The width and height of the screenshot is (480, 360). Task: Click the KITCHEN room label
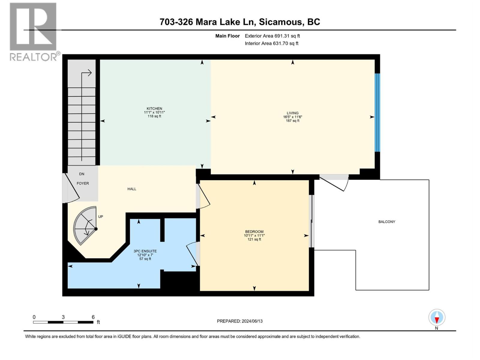point(154,109)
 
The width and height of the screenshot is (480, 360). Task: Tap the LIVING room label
point(292,113)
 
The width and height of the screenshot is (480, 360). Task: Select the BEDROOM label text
point(254,232)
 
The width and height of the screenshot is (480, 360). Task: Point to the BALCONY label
point(387,222)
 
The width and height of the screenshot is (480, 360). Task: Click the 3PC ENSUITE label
point(145,251)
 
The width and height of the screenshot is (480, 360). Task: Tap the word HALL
point(132,189)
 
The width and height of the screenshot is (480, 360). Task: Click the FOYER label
point(83,183)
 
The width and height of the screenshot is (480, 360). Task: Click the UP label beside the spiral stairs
point(100,217)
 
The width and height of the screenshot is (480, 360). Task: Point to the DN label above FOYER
point(82,174)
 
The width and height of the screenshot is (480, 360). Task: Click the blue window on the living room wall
point(377,112)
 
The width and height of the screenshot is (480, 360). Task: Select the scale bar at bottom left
point(63,322)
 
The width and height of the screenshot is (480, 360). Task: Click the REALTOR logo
point(34,31)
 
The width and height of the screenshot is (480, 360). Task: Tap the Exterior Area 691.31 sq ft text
point(272,36)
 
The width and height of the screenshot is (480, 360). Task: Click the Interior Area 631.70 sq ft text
point(271,43)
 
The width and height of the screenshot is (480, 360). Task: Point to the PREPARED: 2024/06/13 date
point(240,321)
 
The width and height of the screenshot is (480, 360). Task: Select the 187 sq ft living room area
point(292,121)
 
